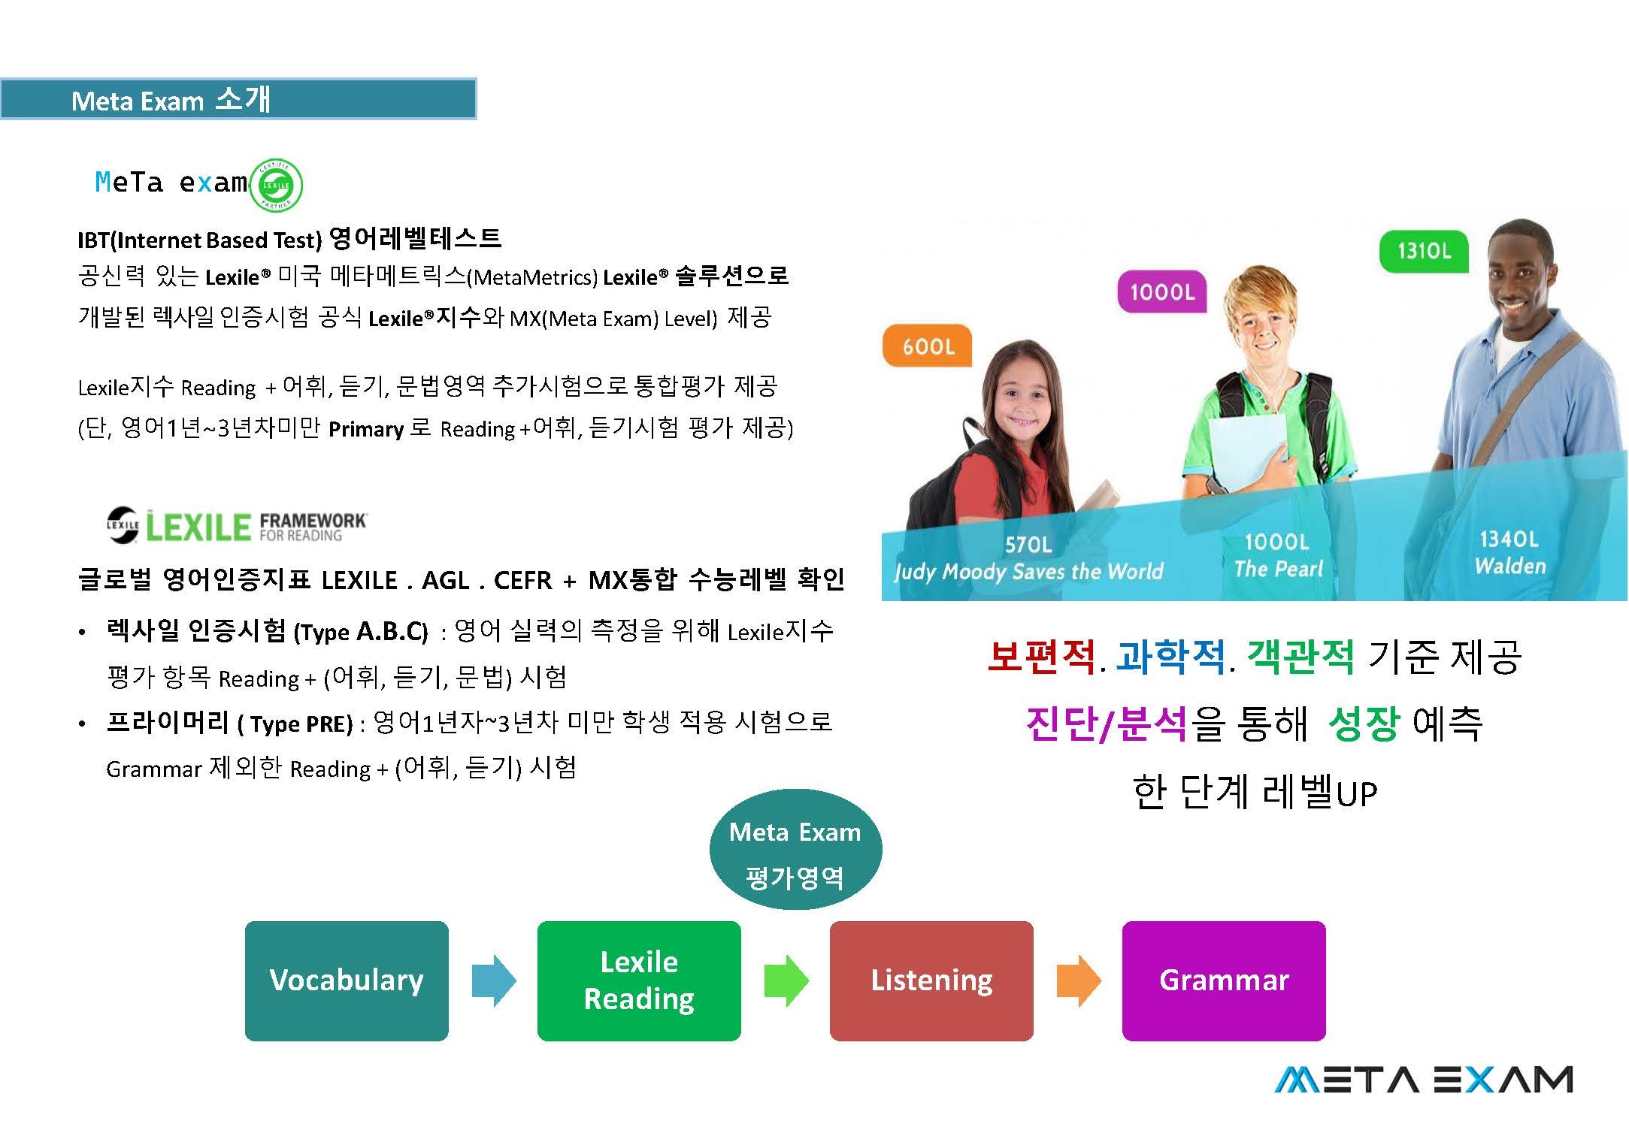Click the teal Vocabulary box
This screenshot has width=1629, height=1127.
[347, 980]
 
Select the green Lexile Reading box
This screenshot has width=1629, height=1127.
[639, 980]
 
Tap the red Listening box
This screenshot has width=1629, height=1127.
[931, 980]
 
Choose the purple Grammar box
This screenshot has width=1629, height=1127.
[1224, 980]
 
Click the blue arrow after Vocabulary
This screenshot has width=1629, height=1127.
[494, 980]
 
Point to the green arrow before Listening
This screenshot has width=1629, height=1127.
[786, 980]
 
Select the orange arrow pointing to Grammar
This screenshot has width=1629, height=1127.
[1079, 980]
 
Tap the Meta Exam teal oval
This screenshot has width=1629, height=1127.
[795, 849]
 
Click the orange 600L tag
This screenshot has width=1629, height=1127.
[927, 346]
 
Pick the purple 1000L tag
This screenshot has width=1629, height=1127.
[1162, 292]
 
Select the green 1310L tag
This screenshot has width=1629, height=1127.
[1424, 251]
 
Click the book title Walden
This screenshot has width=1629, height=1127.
[1509, 566]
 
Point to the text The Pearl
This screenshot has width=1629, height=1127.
[1278, 569]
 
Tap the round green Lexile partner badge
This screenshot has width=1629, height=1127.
[276, 185]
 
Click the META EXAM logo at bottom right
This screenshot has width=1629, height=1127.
[1423, 1080]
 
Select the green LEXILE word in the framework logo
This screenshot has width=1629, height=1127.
[198, 527]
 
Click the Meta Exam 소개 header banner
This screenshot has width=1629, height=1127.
[238, 98]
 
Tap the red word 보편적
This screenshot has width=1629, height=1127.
[1041, 656]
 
